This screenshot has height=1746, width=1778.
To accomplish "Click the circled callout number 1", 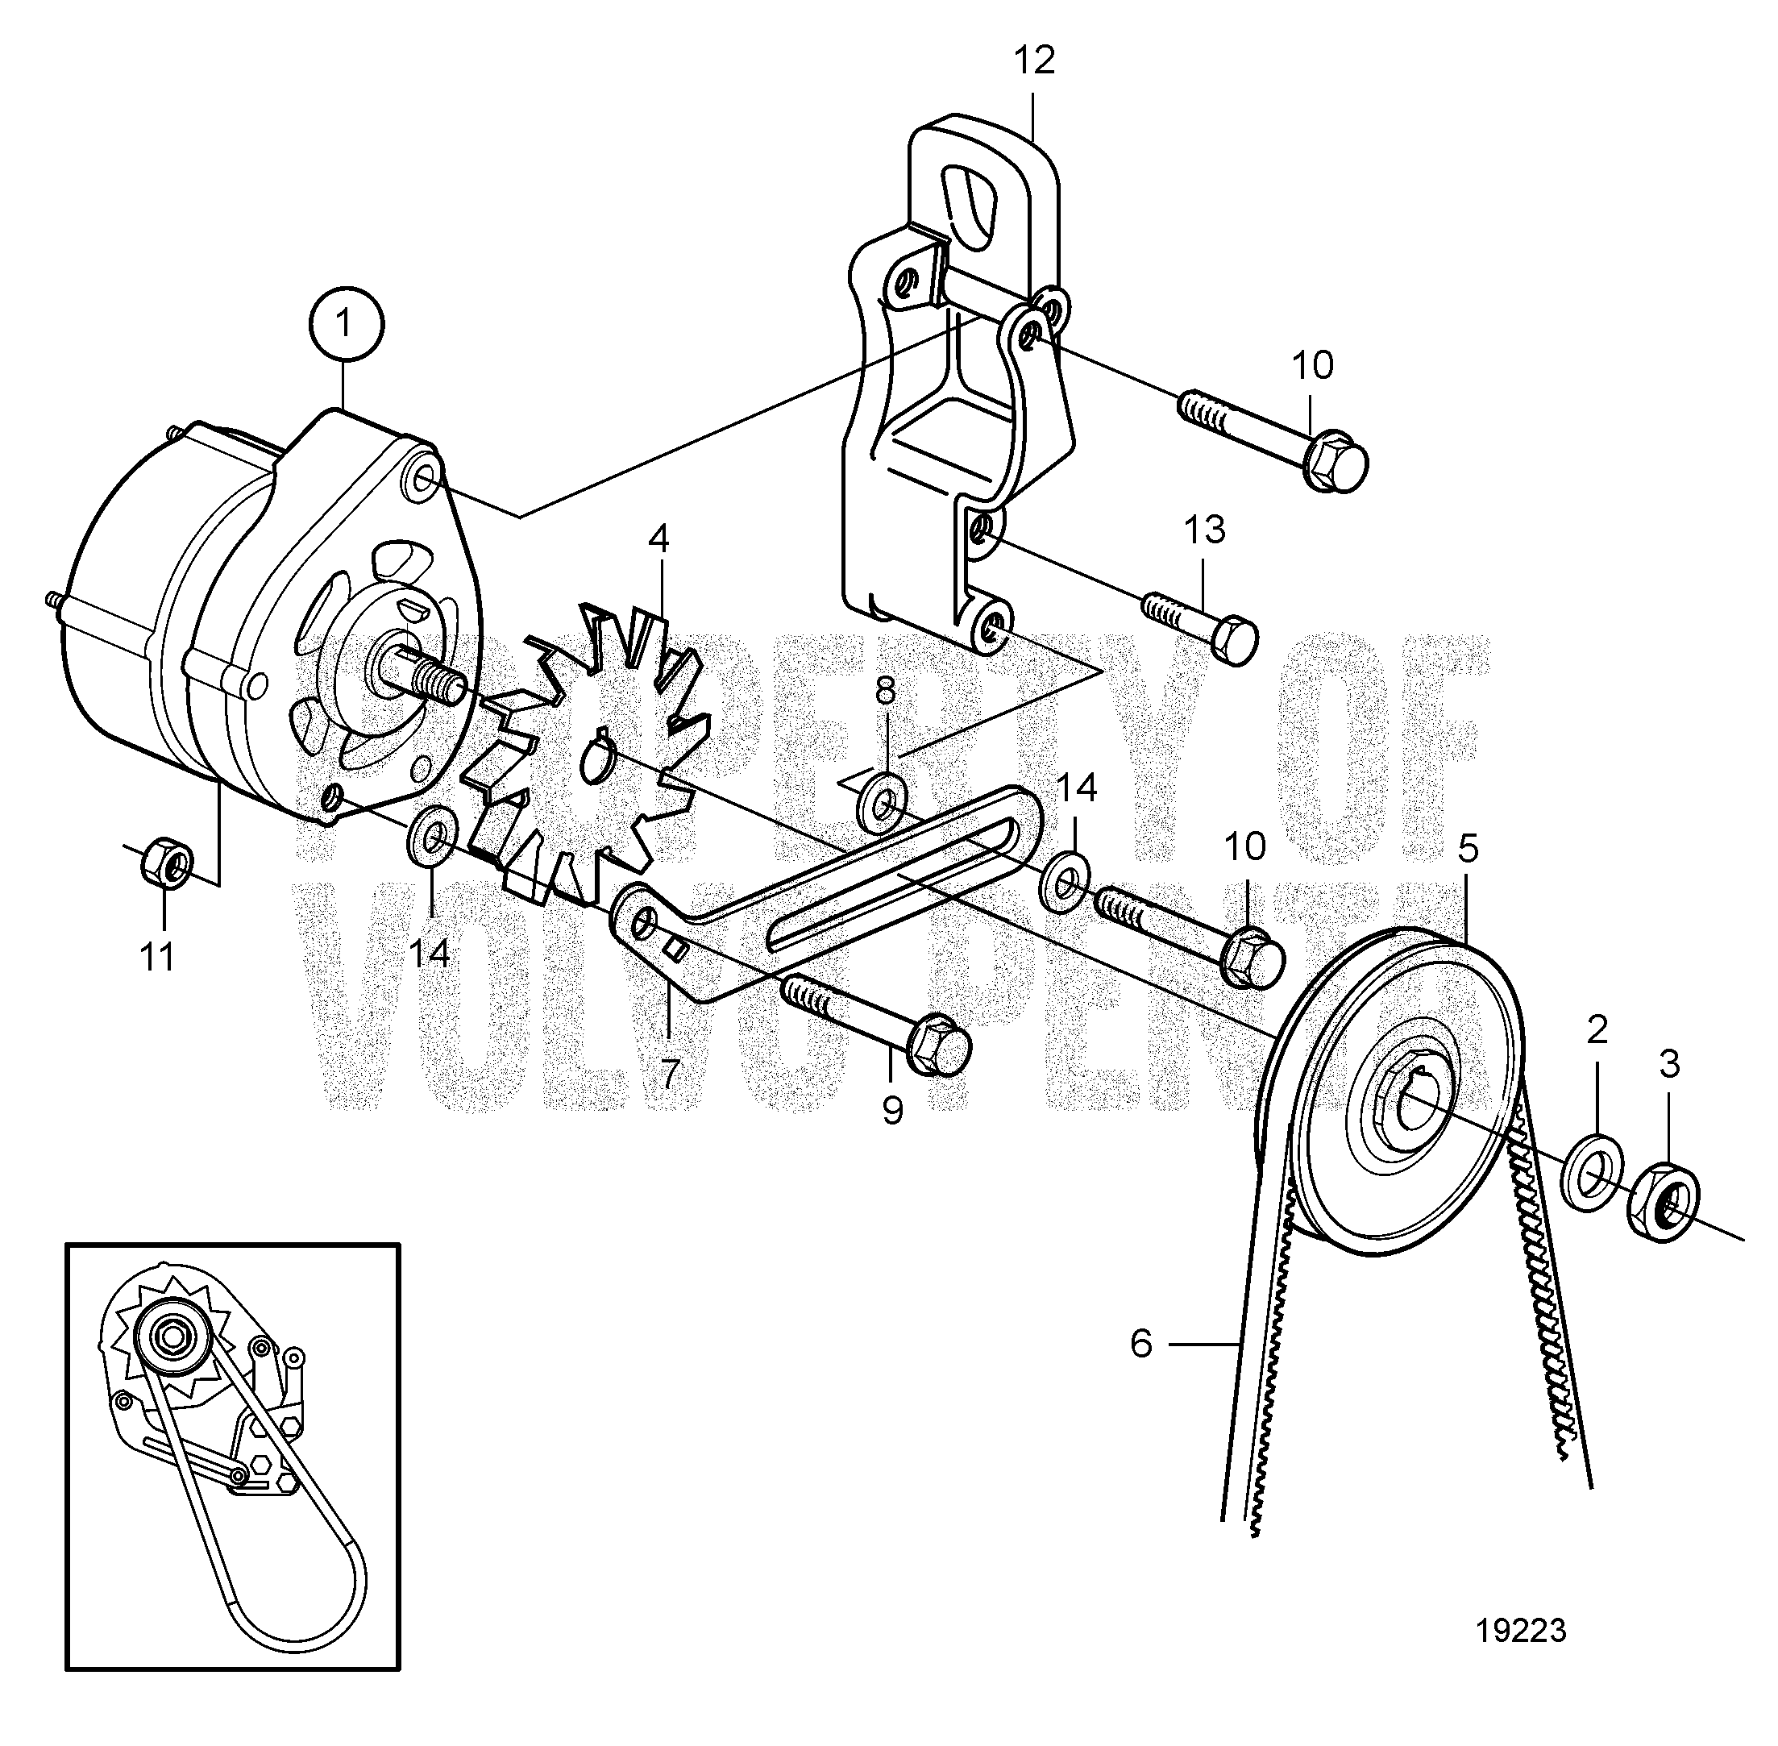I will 345,324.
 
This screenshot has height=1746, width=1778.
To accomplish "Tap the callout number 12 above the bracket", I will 1034,60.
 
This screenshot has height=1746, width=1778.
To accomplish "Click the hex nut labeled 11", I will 168,861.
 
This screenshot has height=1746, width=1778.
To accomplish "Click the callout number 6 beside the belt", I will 1140,1345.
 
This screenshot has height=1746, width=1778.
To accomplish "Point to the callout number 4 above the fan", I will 658,539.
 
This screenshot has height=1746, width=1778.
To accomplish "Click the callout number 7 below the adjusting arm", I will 670,1074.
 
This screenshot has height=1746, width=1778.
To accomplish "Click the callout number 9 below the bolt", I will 891,1111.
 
